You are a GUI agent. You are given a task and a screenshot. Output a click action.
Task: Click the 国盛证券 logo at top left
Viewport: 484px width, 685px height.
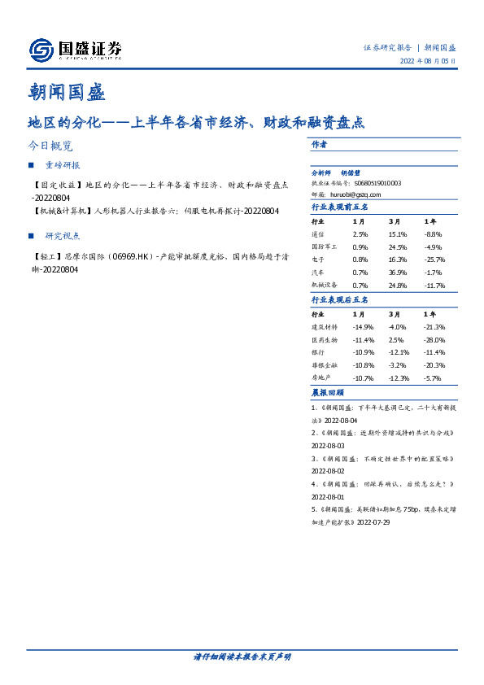coord(75,50)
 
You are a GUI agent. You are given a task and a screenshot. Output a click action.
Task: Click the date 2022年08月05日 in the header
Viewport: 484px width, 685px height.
coord(429,62)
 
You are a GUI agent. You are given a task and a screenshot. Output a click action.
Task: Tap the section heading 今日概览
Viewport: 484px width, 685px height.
coord(50,146)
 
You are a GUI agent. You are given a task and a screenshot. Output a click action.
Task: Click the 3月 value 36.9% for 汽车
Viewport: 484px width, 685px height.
coord(397,273)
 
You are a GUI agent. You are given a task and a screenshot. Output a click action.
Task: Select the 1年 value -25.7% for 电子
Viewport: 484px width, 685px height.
coord(435,260)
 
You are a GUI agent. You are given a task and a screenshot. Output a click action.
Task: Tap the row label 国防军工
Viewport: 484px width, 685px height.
coord(323,247)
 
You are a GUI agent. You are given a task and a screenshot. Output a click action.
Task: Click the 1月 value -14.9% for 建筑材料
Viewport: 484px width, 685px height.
coord(362,326)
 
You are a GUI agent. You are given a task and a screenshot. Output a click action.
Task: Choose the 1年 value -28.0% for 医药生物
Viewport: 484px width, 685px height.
coord(434,339)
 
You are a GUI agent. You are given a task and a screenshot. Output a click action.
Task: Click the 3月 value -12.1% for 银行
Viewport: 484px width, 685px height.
coord(398,352)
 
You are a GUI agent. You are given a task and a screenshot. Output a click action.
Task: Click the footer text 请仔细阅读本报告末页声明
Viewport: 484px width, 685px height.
coord(242,657)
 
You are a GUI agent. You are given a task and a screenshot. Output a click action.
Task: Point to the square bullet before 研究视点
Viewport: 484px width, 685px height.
coord(31,236)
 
